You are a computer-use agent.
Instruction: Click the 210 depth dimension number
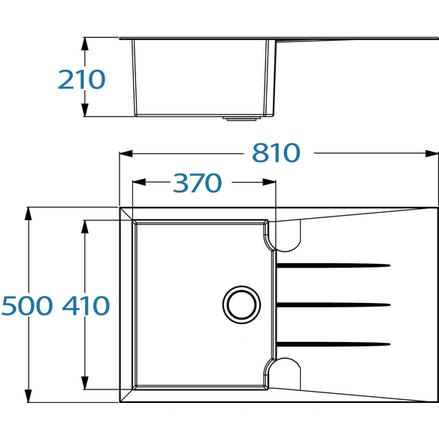click(81, 80)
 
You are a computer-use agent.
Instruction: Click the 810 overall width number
click(276, 153)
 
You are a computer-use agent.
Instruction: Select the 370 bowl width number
click(198, 183)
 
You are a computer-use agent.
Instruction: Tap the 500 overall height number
click(27, 305)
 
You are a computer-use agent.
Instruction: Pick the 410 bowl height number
click(86, 305)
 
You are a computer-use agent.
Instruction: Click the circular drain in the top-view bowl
click(241, 304)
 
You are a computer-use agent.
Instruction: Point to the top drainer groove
click(333, 265)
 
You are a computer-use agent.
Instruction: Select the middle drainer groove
click(333, 304)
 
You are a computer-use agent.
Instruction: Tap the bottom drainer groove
click(333, 344)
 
